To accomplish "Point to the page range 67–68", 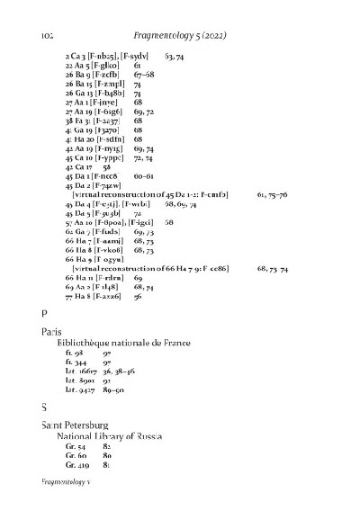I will pos(144,75).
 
